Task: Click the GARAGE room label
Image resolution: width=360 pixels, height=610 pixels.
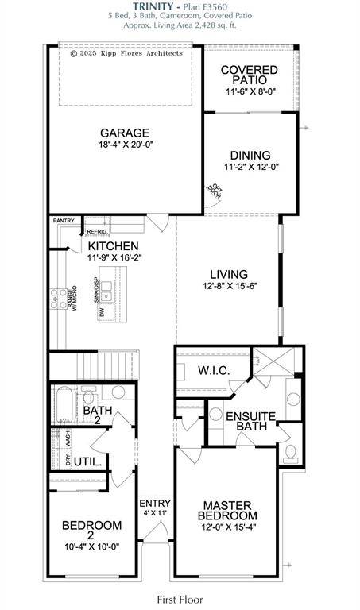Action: click(125, 133)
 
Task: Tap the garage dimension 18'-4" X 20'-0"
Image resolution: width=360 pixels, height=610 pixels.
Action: click(125, 145)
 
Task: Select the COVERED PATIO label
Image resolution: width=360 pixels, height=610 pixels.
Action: click(249, 75)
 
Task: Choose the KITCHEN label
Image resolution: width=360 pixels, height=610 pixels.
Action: click(113, 246)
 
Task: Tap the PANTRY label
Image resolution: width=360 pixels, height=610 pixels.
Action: click(64, 221)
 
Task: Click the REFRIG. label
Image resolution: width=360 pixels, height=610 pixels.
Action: click(97, 231)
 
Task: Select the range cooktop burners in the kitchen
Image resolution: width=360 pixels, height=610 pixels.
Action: click(59, 298)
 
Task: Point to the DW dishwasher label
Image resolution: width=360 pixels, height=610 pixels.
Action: click(103, 313)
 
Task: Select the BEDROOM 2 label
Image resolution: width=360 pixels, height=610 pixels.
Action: click(91, 530)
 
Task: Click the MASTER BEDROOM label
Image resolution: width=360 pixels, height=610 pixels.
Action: click(226, 510)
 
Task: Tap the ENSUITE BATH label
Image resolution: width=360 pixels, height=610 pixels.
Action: click(250, 422)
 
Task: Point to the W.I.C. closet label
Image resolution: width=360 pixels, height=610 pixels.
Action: click(214, 369)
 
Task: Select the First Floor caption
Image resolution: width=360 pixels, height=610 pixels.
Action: click(180, 600)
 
